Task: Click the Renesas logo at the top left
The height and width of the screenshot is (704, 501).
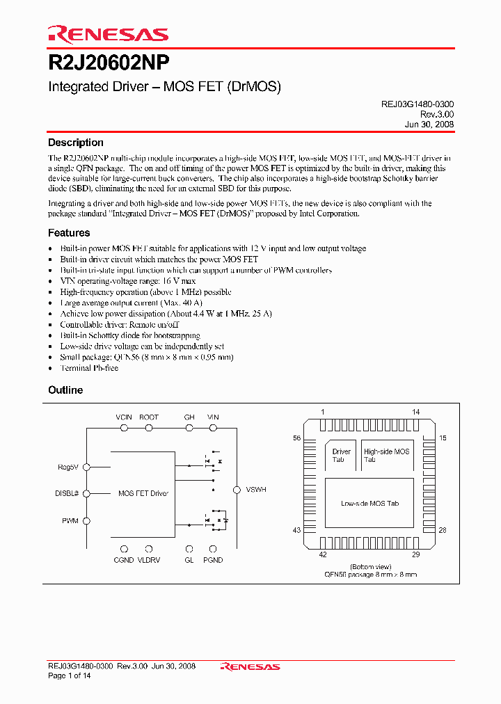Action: (108, 34)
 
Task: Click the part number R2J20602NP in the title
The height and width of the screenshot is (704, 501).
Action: (109, 63)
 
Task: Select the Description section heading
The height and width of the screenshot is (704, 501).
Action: (76, 143)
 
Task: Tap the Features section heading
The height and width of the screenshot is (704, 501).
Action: (69, 233)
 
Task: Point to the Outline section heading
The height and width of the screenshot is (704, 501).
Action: (65, 390)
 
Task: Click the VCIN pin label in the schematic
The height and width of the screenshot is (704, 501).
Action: (124, 417)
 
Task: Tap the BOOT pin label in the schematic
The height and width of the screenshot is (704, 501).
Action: (149, 417)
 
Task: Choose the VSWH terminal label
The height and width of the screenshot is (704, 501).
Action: (256, 490)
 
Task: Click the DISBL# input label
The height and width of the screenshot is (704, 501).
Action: (67, 493)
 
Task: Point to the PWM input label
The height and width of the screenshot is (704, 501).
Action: (70, 520)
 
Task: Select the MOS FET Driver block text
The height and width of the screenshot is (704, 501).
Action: (143, 493)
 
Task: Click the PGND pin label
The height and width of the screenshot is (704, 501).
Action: (213, 560)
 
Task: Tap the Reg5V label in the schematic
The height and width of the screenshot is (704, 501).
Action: (69, 467)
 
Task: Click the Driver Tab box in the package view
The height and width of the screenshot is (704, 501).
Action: (342, 455)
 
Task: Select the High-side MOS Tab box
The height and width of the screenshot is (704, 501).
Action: (387, 455)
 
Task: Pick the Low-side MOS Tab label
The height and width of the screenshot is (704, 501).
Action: (369, 503)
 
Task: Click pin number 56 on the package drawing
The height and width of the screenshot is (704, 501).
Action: (296, 438)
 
